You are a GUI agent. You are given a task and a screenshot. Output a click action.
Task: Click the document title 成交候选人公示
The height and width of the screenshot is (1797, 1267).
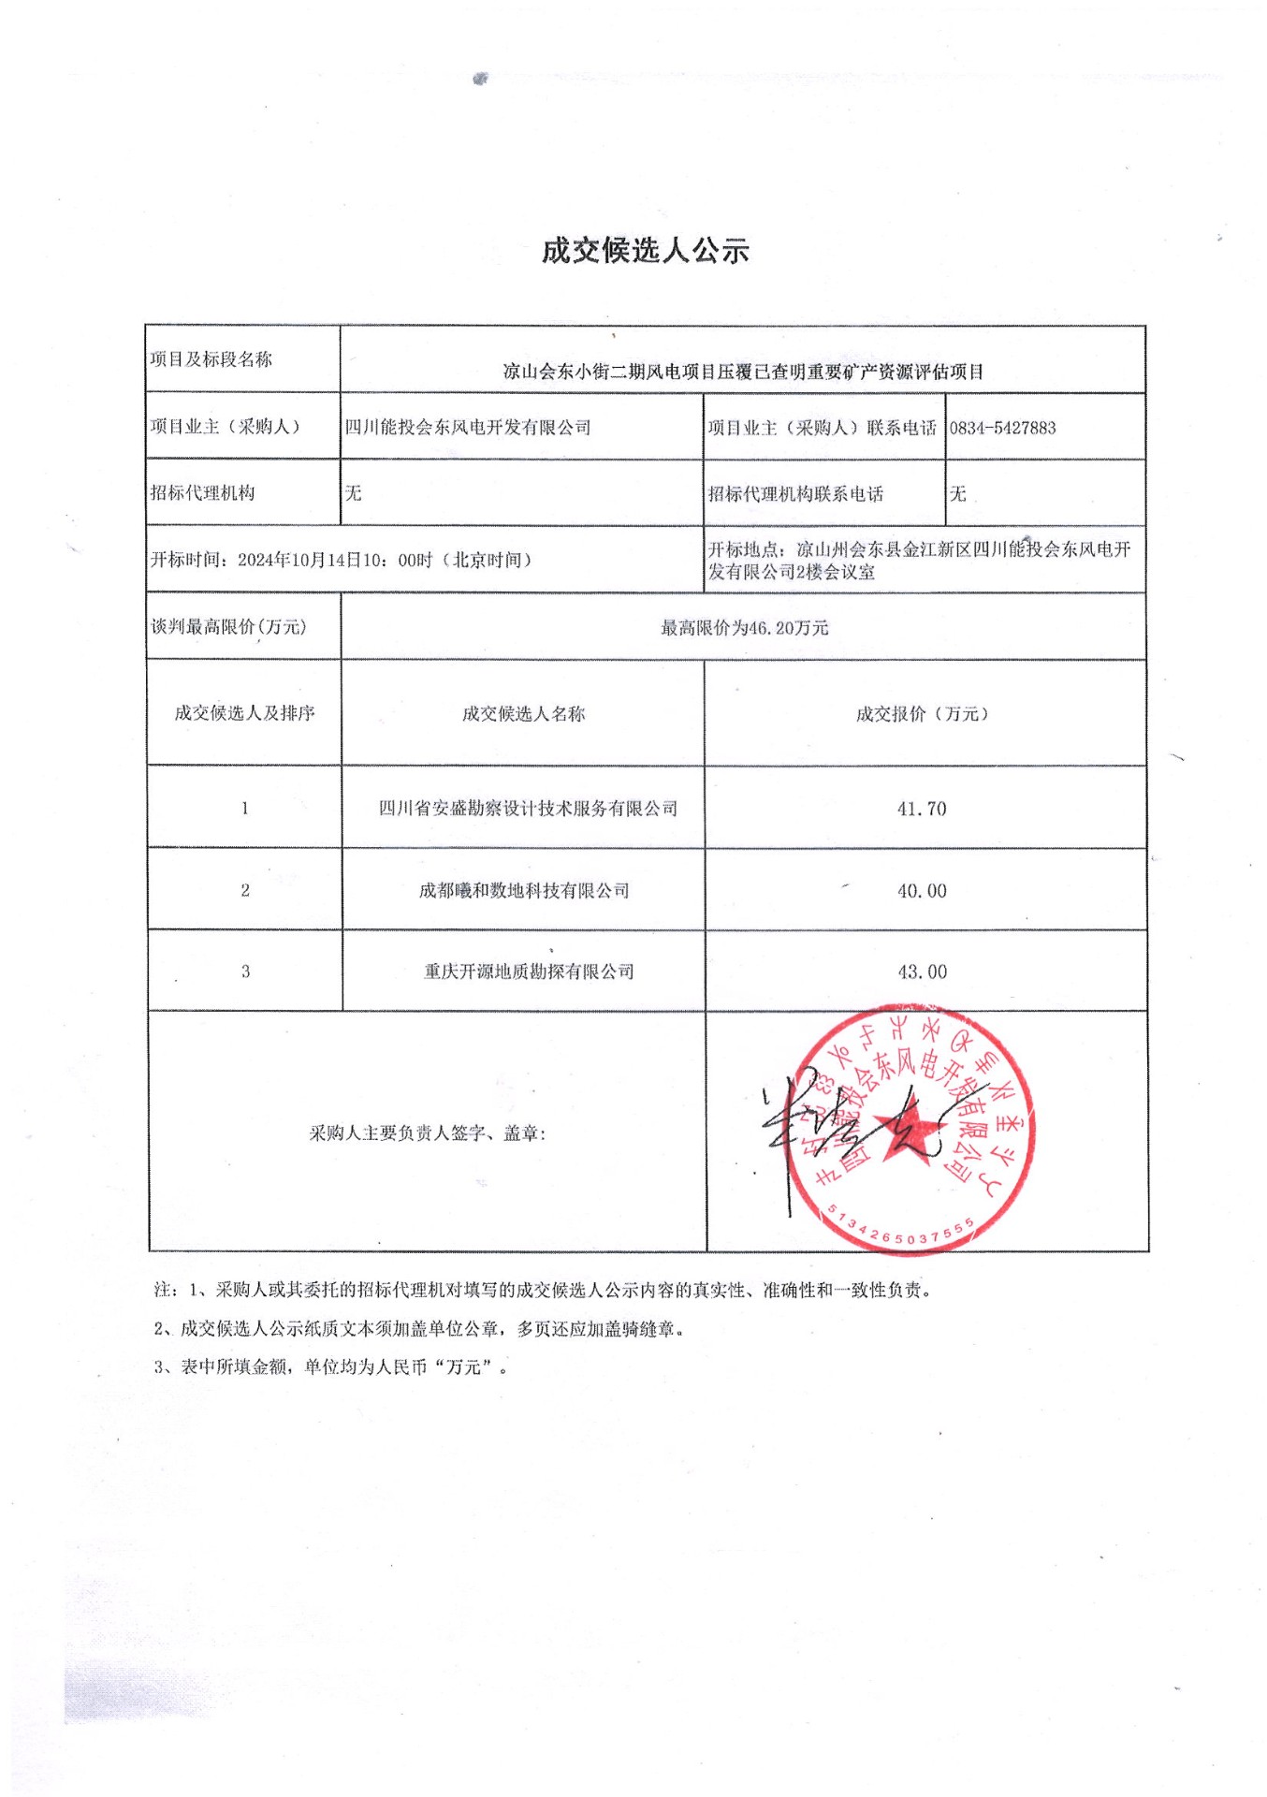(645, 251)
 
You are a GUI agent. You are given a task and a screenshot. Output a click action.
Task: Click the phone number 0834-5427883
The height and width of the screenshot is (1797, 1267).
(1002, 429)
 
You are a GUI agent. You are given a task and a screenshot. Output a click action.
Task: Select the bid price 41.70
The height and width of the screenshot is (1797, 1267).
(922, 809)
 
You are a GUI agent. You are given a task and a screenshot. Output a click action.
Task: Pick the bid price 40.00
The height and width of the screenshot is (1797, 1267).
(922, 891)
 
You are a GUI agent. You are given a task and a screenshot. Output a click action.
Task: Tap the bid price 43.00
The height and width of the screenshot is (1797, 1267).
(922, 972)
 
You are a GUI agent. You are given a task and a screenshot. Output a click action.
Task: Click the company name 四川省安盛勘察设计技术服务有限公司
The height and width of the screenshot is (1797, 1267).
(528, 809)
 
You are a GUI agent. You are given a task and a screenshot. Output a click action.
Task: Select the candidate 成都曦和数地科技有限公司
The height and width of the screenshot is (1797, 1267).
(524, 891)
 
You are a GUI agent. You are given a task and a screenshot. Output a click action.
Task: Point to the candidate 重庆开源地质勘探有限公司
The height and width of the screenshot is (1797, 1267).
(529, 972)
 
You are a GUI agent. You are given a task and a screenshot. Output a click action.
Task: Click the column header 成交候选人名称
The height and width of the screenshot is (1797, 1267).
(523, 714)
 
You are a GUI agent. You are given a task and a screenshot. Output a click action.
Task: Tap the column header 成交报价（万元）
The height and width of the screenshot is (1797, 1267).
(922, 714)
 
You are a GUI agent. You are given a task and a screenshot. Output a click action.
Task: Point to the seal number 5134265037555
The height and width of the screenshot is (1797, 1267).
(901, 1230)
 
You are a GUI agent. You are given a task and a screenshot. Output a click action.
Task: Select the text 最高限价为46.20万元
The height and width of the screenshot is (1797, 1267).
(744, 628)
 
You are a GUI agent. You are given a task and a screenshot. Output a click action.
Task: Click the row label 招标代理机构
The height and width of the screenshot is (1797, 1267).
(202, 493)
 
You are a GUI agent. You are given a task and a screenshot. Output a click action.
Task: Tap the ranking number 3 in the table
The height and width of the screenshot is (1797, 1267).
(245, 972)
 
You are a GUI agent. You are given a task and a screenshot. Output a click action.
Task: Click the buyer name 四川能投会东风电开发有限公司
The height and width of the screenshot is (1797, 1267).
(468, 428)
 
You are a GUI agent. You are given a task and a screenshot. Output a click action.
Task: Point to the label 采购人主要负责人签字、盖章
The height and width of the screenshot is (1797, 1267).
(428, 1133)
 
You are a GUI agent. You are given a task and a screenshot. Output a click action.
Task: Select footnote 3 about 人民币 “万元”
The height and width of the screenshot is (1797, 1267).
(332, 1367)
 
